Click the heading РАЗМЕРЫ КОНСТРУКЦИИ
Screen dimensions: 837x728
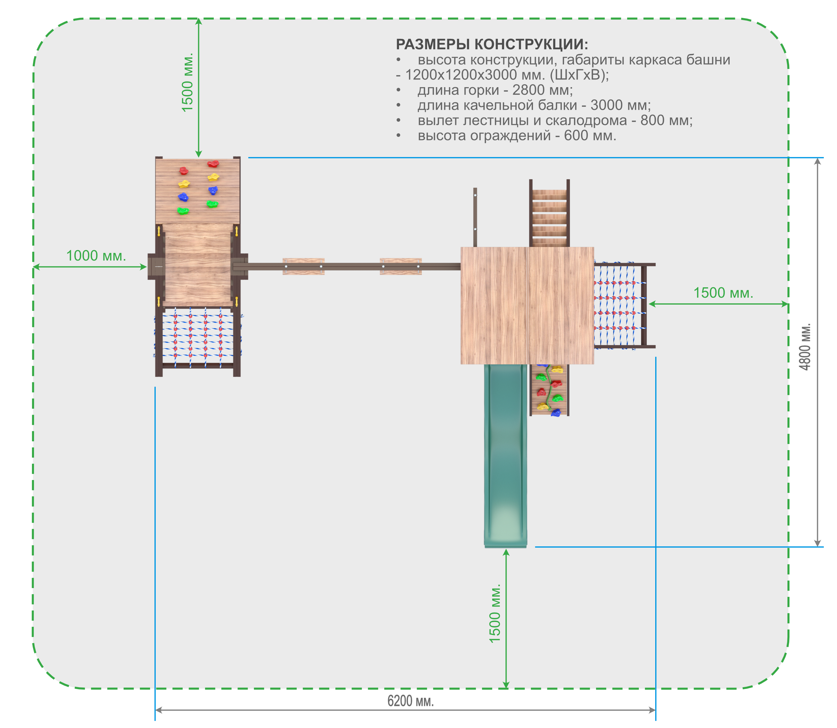pos(492,44)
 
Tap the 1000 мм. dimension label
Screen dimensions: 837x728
pos(96,256)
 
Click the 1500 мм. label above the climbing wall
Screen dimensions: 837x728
pos(187,82)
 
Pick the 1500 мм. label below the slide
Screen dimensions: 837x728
pos(495,614)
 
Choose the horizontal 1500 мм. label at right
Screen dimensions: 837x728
pos(723,293)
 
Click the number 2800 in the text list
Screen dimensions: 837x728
pos(529,90)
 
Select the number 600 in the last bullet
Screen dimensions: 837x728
pos(576,135)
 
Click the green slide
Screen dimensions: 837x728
pos(505,455)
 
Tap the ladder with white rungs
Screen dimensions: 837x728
pos(549,213)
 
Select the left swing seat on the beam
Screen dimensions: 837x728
pos(304,266)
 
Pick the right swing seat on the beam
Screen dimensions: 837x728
pos(401,266)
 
